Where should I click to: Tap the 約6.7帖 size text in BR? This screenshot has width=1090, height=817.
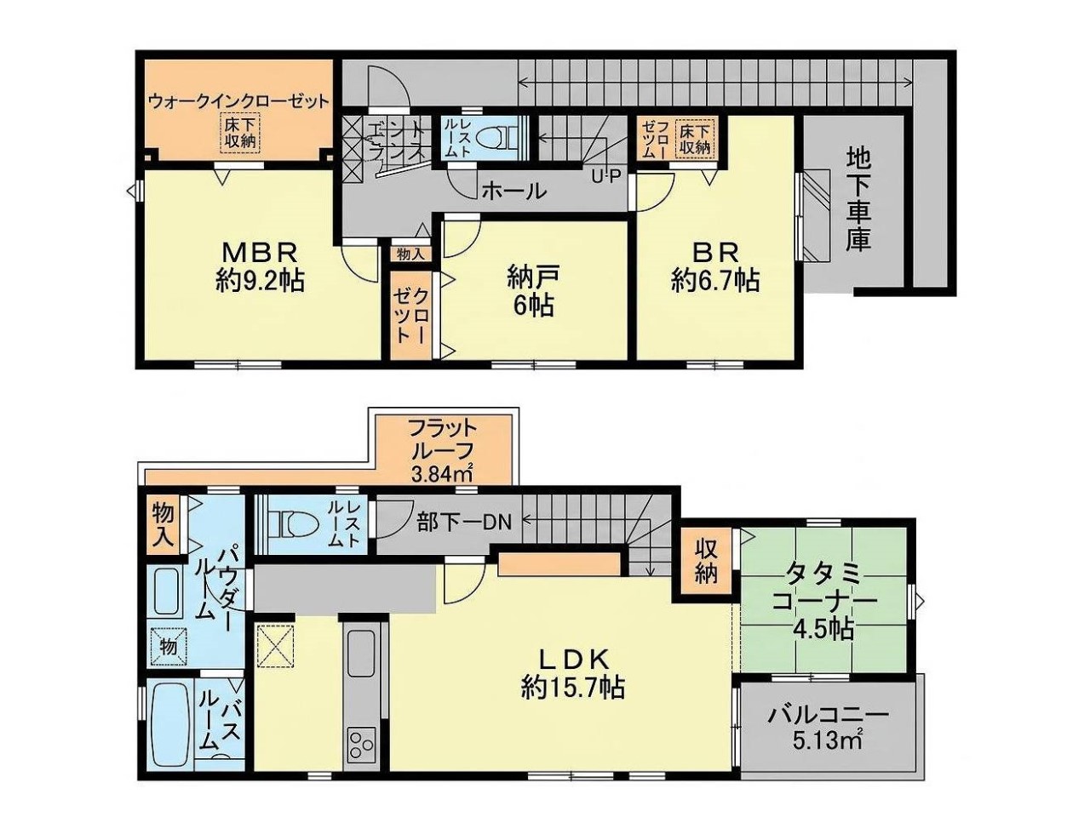pos(715,281)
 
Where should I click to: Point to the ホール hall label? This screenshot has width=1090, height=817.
pos(514,191)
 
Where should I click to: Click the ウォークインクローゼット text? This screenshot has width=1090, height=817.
pos(238,101)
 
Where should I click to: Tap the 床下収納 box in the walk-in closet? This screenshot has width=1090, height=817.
pos(238,133)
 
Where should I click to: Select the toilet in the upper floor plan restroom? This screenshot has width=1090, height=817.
pos(494,135)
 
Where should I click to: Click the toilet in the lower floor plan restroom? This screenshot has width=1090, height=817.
pos(286,525)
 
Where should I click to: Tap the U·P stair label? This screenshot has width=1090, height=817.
pos(606,177)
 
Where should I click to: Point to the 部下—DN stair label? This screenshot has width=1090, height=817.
pos(464,522)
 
